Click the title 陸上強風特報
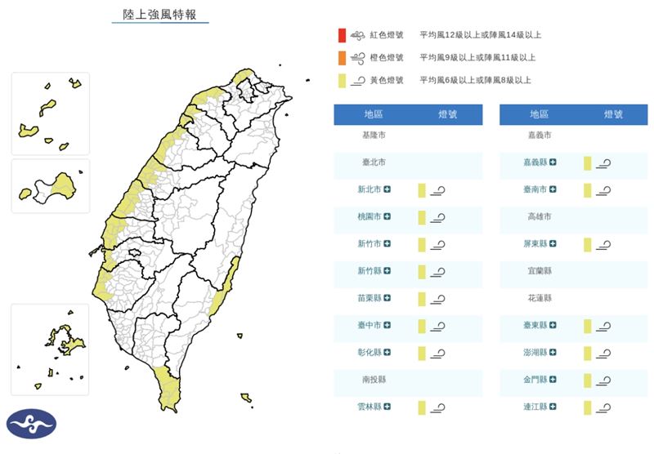159,15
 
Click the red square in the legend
340,35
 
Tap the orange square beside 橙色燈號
340,58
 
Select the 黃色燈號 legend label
387,80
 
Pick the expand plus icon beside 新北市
387,189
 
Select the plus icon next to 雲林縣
387,406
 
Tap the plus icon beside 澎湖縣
553,353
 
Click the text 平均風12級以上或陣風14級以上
480,35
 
